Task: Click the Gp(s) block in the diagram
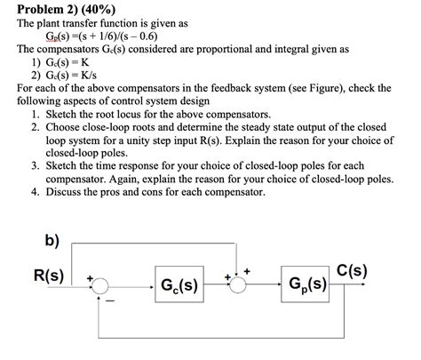click(x=306, y=286)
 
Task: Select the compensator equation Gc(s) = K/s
click(x=73, y=76)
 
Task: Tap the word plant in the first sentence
click(x=59, y=24)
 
